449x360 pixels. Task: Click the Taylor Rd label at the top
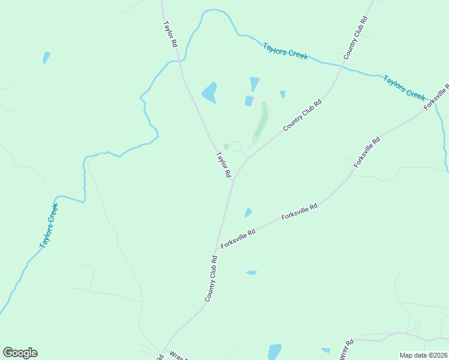(170, 35)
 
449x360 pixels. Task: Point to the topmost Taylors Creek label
(286, 50)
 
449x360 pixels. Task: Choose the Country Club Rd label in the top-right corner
(355, 38)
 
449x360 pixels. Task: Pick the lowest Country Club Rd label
(211, 278)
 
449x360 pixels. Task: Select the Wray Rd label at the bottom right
(346, 350)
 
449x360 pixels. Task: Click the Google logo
(20, 353)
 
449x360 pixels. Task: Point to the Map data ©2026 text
(423, 355)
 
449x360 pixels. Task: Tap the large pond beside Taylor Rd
(209, 93)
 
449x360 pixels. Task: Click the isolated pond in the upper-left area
(46, 58)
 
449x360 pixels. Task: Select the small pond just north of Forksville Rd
(248, 212)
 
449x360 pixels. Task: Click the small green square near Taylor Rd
(226, 146)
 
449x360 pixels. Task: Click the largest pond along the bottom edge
(274, 352)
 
